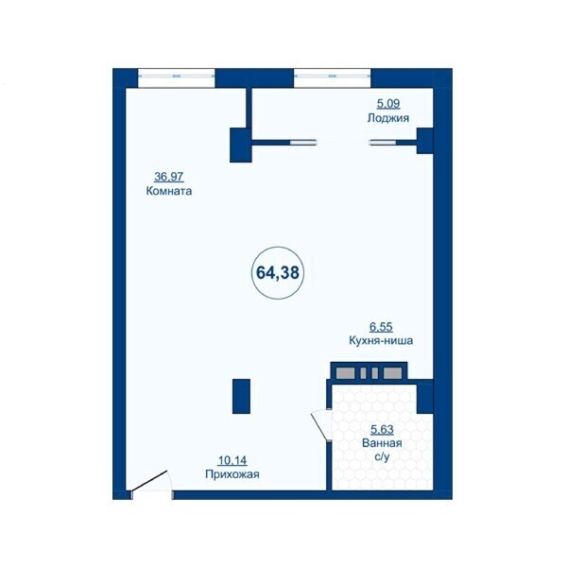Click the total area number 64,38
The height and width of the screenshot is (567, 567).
[x=278, y=273]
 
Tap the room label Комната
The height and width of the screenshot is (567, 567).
[x=169, y=191]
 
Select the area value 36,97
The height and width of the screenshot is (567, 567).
[x=169, y=177]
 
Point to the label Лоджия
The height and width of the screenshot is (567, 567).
[x=388, y=118]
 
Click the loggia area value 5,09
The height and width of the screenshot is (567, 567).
[x=388, y=104]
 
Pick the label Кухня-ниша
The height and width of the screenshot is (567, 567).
[x=381, y=340]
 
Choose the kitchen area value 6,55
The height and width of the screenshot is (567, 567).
[x=381, y=327]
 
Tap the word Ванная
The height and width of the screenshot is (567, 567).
[x=382, y=443]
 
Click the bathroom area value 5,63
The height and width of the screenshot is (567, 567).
[x=382, y=430]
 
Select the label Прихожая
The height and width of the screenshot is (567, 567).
[x=232, y=473]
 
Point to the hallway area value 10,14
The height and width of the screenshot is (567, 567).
[x=232, y=460]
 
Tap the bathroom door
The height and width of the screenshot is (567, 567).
[x=320, y=425]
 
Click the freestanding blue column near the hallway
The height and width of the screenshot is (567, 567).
[x=241, y=396]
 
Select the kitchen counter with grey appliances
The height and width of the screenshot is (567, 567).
[x=369, y=370]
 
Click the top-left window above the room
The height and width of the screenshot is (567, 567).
[x=176, y=77]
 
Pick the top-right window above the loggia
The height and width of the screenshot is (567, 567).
[x=333, y=77]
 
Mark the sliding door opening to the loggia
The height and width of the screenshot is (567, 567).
[x=344, y=143]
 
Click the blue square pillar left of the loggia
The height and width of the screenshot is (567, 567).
[x=241, y=145]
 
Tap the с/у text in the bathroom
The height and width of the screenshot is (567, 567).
[x=382, y=457]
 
